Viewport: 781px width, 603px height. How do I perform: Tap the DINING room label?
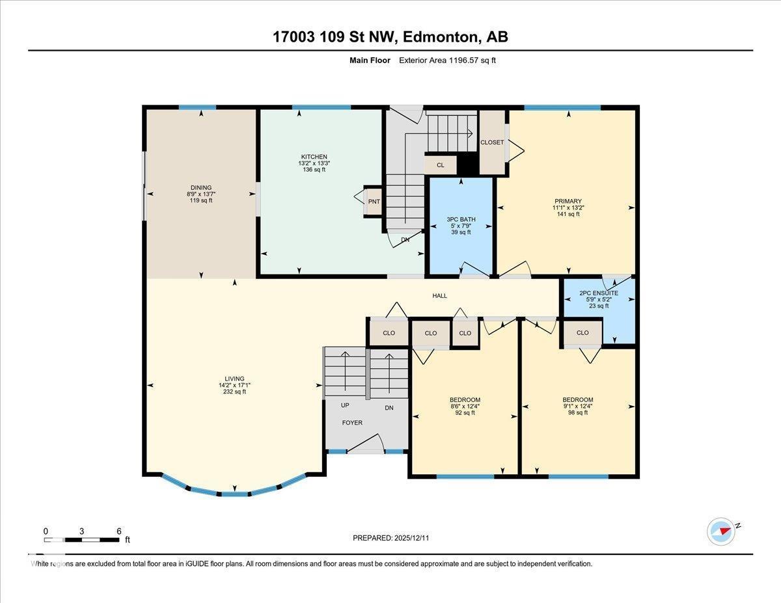[200, 188]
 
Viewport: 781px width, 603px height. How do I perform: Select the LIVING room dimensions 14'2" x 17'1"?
[234, 385]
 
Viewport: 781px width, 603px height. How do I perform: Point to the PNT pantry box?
[374, 202]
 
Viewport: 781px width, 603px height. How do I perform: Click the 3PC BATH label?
[461, 220]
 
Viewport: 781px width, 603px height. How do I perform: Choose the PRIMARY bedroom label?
[568, 201]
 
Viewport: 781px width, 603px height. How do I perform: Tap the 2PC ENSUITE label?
[598, 293]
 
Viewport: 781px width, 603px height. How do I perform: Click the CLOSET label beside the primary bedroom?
[491, 142]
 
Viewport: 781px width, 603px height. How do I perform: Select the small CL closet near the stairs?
[441, 165]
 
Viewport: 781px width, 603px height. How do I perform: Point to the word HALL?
[440, 296]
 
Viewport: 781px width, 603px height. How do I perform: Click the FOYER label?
[353, 423]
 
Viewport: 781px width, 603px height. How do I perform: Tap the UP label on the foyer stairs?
[345, 405]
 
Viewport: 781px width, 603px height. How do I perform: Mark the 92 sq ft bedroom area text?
[465, 412]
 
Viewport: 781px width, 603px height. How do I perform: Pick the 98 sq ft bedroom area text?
[578, 412]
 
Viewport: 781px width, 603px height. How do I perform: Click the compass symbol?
[721, 531]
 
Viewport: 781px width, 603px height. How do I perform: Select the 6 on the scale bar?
[118, 531]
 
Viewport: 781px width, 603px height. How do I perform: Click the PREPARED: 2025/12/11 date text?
[391, 538]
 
